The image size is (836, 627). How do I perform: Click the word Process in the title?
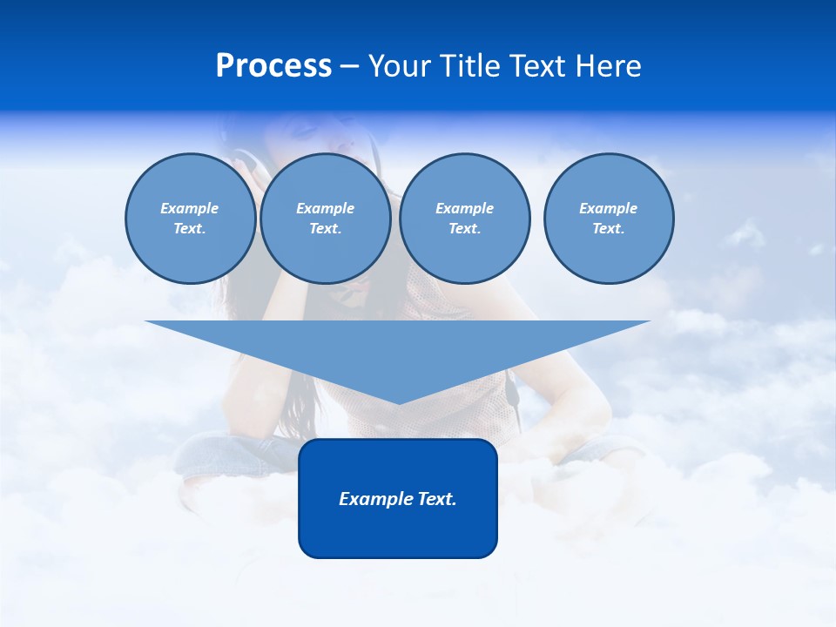273,66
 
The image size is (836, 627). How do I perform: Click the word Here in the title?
611,66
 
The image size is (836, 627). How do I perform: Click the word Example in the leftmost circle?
190,208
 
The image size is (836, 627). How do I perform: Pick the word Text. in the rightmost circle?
608,229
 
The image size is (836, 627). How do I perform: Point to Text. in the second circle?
325,229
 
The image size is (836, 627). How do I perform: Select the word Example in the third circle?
464,208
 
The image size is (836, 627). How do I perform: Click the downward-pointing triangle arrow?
398,348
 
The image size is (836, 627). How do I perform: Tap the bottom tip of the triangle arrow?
398,401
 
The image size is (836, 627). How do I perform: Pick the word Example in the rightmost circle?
608,208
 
